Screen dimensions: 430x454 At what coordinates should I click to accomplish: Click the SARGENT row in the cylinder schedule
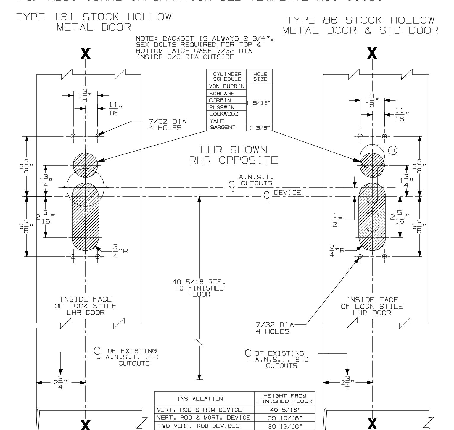pos(223,128)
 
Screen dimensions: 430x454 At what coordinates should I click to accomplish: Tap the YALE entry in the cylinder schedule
pos(217,121)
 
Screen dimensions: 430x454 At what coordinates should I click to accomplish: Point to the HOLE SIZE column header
pos(260,77)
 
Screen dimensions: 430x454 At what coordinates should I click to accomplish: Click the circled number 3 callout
pos(393,151)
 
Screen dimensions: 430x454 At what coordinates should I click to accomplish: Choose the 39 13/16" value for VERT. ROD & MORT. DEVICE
pos(284,418)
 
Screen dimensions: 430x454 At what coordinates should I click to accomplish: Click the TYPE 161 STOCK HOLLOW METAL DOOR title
pos(94,22)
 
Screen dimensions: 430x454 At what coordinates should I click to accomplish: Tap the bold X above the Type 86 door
pos(372,54)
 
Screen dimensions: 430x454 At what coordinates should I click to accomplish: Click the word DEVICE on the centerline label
pos(287,193)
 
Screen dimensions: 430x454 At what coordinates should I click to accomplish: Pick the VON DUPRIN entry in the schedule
pos(227,86)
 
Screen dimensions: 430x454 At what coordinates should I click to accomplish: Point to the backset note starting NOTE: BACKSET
pos(204,48)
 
